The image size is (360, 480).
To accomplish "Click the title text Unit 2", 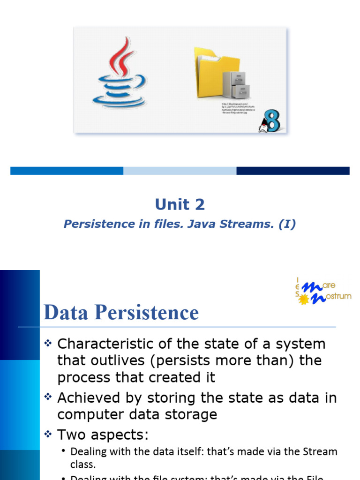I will pyautogui.click(x=180, y=204).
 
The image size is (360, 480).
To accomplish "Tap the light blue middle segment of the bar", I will pyautogui.click(x=180, y=171).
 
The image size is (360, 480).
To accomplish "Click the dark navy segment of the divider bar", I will pyautogui.click(x=292, y=171).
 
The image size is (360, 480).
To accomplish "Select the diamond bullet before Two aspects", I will pyautogui.click(x=47, y=435).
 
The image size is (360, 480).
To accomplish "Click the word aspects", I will pyautogui.click(x=121, y=435).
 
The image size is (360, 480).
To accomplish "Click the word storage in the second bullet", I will pyautogui.click(x=193, y=414).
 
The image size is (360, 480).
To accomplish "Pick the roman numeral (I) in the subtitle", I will pyautogui.click(x=287, y=224).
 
